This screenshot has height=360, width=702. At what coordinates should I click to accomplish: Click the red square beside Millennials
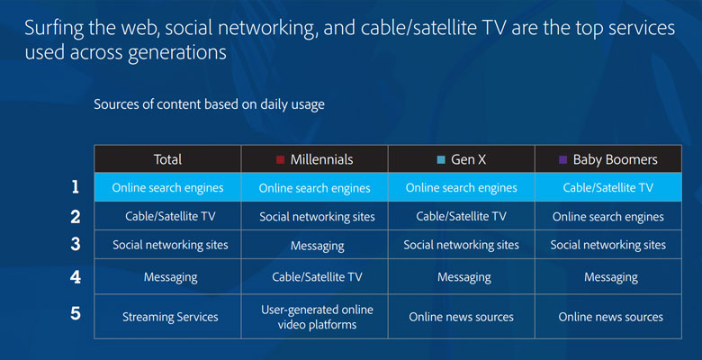pyautogui.click(x=280, y=159)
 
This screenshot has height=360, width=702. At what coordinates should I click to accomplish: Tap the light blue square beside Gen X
pyautogui.click(x=441, y=159)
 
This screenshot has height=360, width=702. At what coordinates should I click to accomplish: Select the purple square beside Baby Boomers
pyautogui.click(x=563, y=159)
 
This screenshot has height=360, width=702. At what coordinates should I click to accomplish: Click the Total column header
pyautogui.click(x=167, y=159)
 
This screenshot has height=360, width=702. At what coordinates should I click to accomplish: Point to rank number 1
pyautogui.click(x=76, y=186)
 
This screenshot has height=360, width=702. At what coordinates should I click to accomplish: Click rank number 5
pyautogui.click(x=76, y=313)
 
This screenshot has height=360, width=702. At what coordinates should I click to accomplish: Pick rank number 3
pyautogui.click(x=76, y=244)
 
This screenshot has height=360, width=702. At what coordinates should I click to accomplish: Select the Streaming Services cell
pyautogui.click(x=170, y=317)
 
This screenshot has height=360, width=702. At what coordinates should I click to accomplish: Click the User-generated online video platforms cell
pyautogui.click(x=317, y=317)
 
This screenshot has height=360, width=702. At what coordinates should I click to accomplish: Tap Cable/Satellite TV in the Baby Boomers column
pyautogui.click(x=608, y=187)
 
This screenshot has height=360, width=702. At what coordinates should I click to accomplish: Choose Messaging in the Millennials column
pyautogui.click(x=318, y=247)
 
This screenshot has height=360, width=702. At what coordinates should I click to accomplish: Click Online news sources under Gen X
pyautogui.click(x=461, y=317)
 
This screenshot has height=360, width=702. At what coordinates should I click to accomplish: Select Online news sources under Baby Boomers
pyautogui.click(x=611, y=317)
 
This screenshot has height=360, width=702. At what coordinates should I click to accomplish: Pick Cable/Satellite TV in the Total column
pyautogui.click(x=170, y=216)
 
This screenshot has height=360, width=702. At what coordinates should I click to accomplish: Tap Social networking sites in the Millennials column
pyautogui.click(x=317, y=217)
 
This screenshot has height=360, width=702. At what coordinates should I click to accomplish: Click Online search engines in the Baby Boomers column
pyautogui.click(x=608, y=217)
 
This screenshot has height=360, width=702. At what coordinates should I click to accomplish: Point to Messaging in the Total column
pyautogui.click(x=171, y=277)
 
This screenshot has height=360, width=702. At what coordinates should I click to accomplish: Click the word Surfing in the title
pyautogui.click(x=54, y=29)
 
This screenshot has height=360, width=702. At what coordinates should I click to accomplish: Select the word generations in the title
pyautogui.click(x=176, y=53)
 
